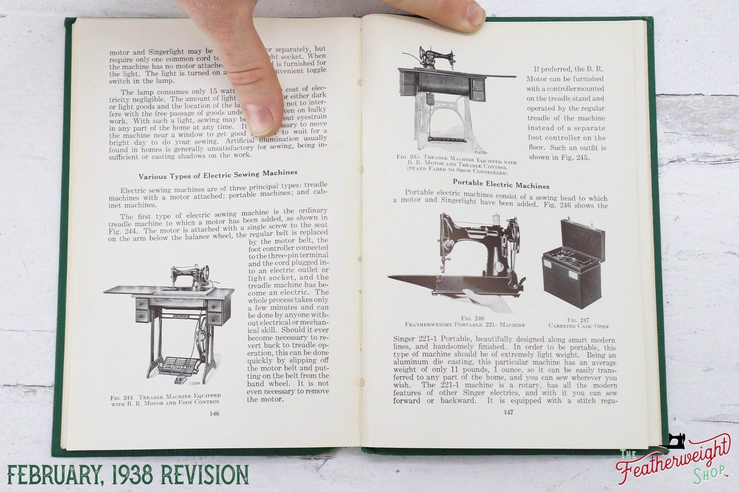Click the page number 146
tap(214, 413)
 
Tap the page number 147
tap(508, 412)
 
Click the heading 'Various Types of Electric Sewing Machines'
tap(218, 174)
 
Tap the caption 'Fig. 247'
tap(578, 320)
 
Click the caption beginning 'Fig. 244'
tap(166, 399)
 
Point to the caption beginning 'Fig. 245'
tap(457, 165)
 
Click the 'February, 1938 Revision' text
tap(128, 474)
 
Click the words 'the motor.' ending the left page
tap(265, 399)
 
